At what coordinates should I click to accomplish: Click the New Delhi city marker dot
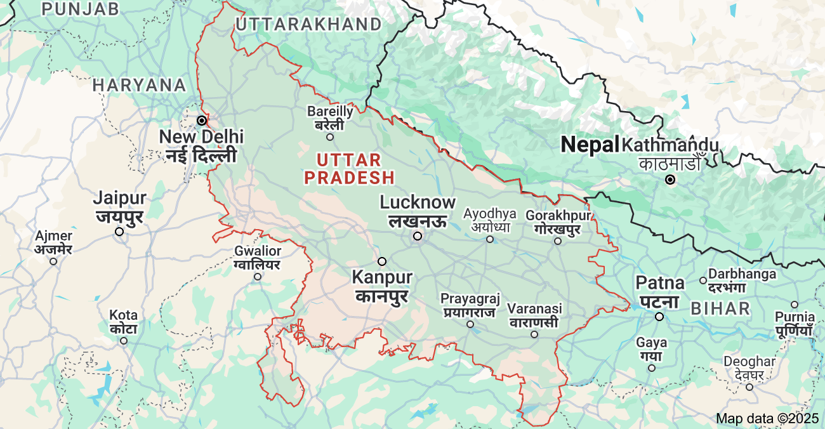pyautogui.click(x=202, y=120)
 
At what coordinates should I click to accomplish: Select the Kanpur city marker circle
pyautogui.click(x=382, y=261)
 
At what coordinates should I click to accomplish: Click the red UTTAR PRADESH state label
pyautogui.click(x=349, y=169)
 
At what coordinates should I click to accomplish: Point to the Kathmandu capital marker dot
pyautogui.click(x=670, y=180)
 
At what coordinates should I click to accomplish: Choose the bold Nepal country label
pyautogui.click(x=590, y=145)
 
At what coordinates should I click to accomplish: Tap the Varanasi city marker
pyautogui.click(x=534, y=334)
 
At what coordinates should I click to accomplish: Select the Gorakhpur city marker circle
pyautogui.click(x=558, y=241)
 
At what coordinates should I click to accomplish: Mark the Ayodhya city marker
pyautogui.click(x=490, y=239)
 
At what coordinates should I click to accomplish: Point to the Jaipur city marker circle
pyautogui.click(x=119, y=232)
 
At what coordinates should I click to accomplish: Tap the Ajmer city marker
pyautogui.click(x=53, y=261)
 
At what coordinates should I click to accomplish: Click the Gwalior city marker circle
pyautogui.click(x=258, y=277)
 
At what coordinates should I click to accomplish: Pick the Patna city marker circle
pyautogui.click(x=659, y=317)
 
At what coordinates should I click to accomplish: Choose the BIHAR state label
pyautogui.click(x=720, y=309)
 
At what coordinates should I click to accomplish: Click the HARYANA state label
pyautogui.click(x=140, y=85)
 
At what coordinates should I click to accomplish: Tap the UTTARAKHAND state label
pyautogui.click(x=308, y=25)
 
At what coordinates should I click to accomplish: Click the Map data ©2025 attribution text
pyautogui.click(x=768, y=418)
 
